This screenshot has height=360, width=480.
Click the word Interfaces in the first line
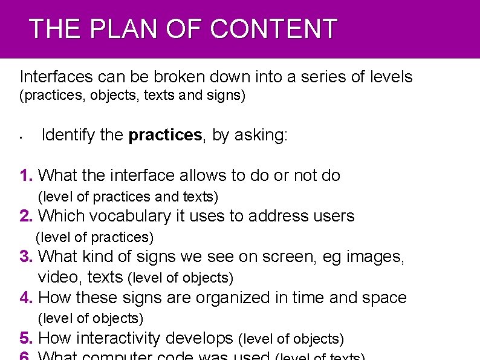56,77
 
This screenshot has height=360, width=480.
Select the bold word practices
165,135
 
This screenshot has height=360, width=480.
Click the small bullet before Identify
21,137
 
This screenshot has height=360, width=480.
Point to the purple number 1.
26,175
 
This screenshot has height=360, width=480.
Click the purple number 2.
26,216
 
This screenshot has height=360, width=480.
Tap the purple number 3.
26,257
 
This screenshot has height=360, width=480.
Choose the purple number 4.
26,297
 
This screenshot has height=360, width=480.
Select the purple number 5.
26,338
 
